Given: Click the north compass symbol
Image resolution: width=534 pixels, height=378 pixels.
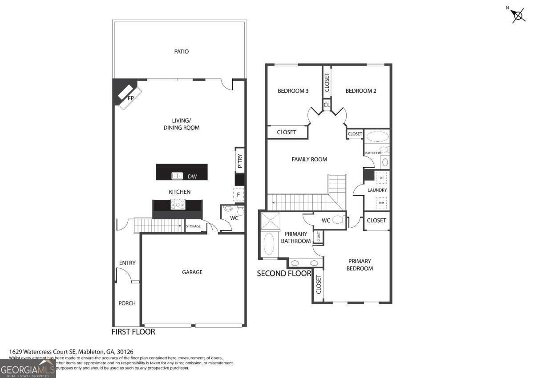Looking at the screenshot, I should point(518,15).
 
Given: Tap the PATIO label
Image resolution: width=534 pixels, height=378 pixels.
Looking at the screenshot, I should point(181,52).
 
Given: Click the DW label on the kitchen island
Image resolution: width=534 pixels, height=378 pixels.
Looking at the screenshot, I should point(192,177).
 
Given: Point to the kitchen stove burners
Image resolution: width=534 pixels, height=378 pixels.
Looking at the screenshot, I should point(178,205).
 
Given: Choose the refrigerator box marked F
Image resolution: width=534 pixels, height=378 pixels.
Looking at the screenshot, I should point(239,195).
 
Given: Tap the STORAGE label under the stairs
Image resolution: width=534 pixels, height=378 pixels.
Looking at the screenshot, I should point(193,226).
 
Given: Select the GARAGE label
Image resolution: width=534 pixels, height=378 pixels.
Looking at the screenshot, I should point(192,272).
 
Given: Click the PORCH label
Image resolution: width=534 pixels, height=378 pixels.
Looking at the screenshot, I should point(127,303).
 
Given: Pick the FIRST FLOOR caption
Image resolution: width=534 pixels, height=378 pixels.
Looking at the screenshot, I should point(133,332).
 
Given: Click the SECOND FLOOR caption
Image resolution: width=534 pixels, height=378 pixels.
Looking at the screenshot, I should point(284,273).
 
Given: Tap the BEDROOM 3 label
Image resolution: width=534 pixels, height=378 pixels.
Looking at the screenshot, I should point(293,91).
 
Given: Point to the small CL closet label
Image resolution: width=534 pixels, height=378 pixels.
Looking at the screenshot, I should point(327,105).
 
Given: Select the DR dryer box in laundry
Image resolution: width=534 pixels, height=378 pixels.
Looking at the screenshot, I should point(381,177).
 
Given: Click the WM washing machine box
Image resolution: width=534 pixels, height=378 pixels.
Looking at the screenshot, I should point(381,203).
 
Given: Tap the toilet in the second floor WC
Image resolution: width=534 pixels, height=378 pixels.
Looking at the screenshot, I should point(339,220).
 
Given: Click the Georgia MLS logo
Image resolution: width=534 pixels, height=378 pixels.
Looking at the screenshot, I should point(28,369).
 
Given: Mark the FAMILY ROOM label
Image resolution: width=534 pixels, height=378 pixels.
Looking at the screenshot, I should point(309,159).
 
